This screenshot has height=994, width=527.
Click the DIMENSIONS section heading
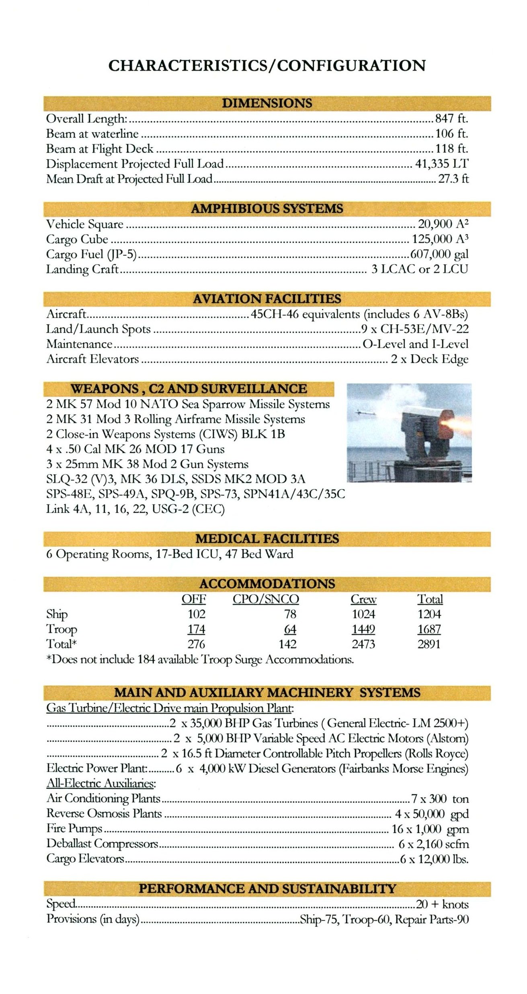(x=267, y=103)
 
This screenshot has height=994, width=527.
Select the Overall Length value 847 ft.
(x=451, y=119)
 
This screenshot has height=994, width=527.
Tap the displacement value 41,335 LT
(x=441, y=164)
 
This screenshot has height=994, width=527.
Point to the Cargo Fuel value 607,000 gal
(x=439, y=254)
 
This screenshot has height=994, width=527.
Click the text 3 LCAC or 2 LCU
(x=420, y=269)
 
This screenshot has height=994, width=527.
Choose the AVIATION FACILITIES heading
(x=267, y=299)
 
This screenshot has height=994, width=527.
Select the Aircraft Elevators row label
(x=92, y=359)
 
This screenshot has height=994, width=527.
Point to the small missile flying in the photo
(x=366, y=412)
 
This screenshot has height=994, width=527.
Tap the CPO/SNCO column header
(x=266, y=599)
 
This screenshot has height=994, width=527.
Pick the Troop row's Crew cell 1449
(x=363, y=629)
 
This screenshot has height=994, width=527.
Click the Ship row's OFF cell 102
(x=196, y=614)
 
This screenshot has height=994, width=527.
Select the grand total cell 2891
(x=429, y=644)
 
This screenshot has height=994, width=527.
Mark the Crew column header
(x=363, y=599)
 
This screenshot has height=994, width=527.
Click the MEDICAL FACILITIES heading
(x=267, y=539)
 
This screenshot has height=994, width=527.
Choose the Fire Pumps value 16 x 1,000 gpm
(x=430, y=829)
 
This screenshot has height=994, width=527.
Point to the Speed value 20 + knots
(x=442, y=905)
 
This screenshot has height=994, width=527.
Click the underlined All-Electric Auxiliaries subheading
(x=101, y=783)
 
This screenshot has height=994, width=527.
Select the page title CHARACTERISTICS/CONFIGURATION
(x=267, y=66)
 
